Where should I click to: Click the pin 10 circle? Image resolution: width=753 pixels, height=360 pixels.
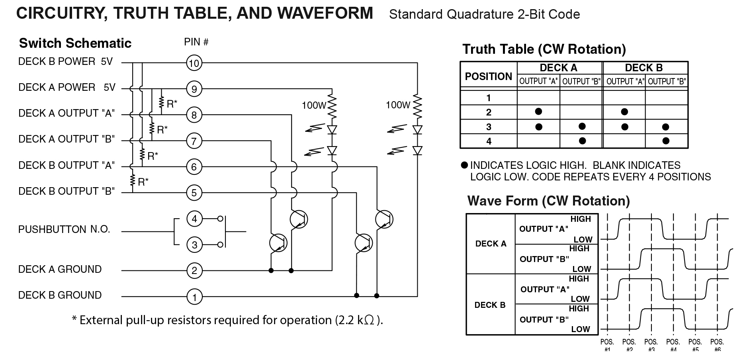coord(194,63)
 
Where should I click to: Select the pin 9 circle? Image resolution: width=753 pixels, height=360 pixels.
coord(194,89)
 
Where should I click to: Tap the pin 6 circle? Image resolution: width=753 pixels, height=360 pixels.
coord(194,167)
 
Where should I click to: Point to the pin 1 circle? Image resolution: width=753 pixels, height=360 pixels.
coord(194,297)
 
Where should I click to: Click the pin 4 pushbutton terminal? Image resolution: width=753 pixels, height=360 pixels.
coord(194,219)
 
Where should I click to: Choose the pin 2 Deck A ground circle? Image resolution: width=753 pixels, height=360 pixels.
coord(194,271)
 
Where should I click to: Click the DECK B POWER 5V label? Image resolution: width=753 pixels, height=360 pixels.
coord(65,62)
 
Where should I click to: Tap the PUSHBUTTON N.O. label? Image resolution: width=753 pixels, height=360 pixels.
coord(64,229)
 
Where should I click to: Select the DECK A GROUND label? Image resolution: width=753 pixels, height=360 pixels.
coord(60,269)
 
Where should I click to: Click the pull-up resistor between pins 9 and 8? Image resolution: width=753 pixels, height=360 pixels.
coord(161,103)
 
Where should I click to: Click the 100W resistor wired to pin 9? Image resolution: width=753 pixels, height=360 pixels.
coord(332,106)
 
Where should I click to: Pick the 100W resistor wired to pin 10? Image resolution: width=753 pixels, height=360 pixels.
coord(417,106)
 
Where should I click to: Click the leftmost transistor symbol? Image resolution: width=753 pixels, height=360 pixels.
coord(278,243)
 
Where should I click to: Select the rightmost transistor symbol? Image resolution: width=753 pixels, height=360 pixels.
coord(384,219)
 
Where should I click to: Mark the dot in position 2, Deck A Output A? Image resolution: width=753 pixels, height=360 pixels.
coord(538,112)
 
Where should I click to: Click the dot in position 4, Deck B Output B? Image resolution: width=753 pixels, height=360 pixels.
coord(666,141)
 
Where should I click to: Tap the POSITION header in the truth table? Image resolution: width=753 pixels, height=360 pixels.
coord(488,76)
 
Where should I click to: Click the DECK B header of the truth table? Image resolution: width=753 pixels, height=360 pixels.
coord(643,68)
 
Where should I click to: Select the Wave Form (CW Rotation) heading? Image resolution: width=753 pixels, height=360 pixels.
coord(548,201)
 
